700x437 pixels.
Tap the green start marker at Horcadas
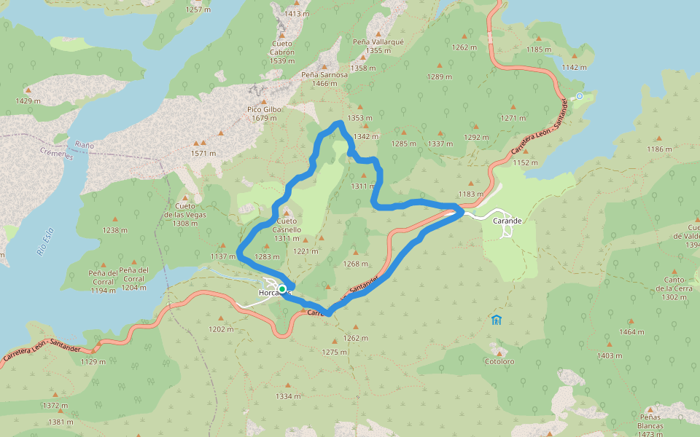point(282,289)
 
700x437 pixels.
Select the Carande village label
point(507,220)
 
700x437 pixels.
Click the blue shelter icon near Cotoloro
point(497,319)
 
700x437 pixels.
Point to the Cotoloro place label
point(499,361)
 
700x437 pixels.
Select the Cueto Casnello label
point(287,225)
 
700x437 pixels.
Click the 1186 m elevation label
point(659,149)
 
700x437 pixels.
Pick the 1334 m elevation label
point(288,396)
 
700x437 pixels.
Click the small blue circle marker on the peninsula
point(580,96)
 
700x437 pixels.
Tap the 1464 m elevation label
point(631,332)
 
